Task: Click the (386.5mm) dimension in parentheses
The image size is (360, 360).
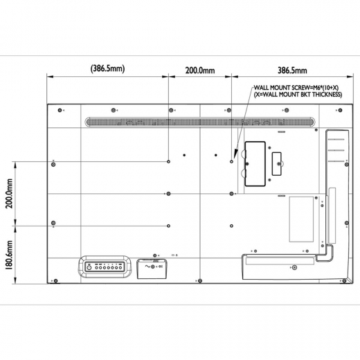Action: click(x=108, y=69)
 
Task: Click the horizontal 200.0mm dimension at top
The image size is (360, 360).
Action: click(x=200, y=71)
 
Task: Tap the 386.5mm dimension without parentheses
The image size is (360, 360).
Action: click(x=292, y=71)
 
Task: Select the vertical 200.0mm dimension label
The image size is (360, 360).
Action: click(x=9, y=193)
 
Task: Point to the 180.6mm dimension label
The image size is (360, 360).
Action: click(x=9, y=255)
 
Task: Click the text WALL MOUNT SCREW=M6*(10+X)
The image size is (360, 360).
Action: click(x=296, y=88)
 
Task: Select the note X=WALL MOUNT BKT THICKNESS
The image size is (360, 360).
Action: click(x=298, y=95)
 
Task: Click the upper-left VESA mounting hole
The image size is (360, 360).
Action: click(x=168, y=161)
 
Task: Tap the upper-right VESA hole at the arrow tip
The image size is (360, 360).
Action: click(x=231, y=161)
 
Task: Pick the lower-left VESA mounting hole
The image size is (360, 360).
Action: click(x=168, y=226)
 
